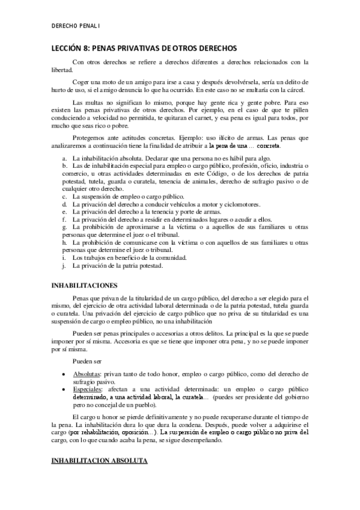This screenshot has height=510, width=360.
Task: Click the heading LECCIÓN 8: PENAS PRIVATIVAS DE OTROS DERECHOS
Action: point(144,48)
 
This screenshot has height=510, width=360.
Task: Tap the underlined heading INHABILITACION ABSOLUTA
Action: point(99,461)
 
